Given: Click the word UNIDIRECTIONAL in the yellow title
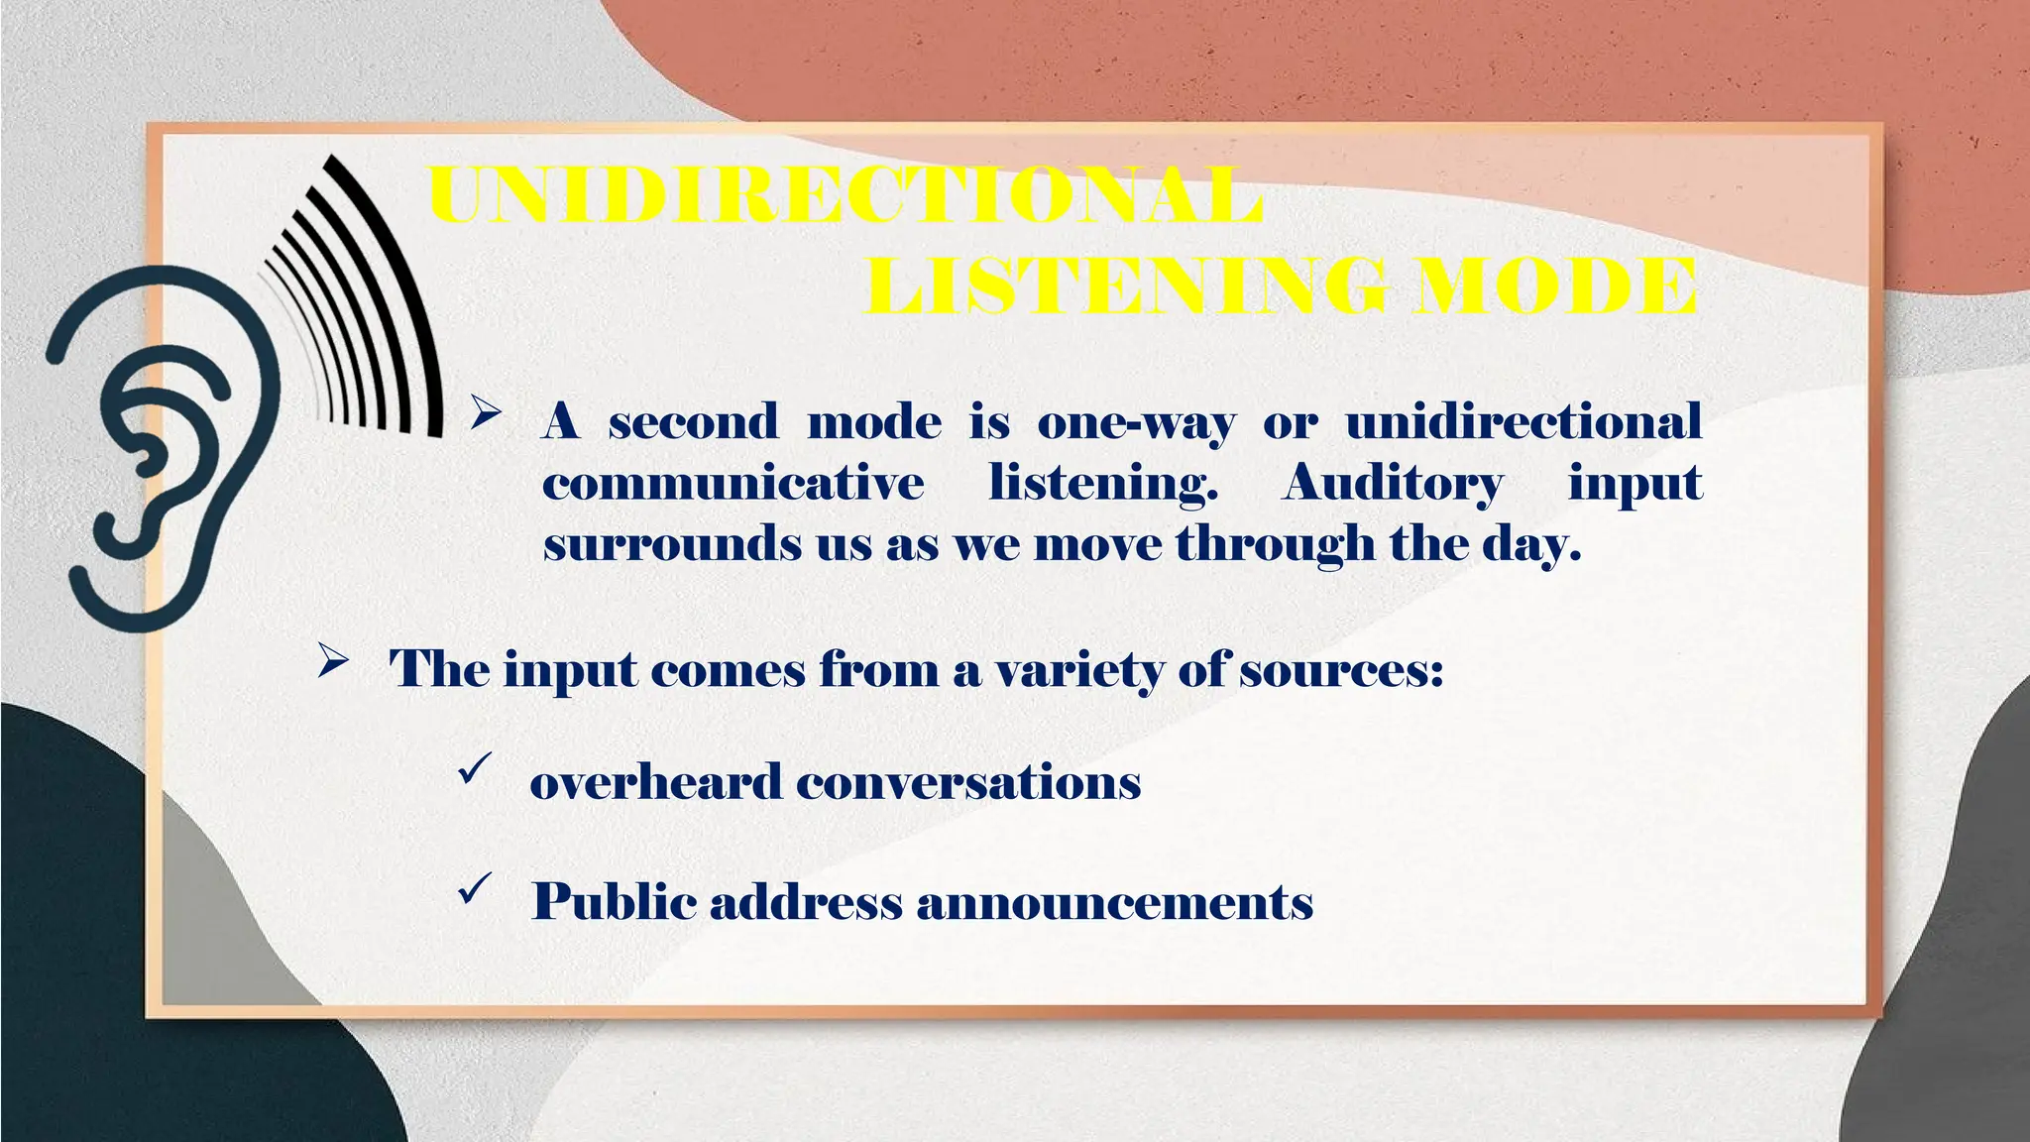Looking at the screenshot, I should pyautogui.click(x=846, y=195).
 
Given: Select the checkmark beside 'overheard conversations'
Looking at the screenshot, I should pyautogui.click(x=476, y=768).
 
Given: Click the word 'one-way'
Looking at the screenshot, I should pyautogui.click(x=1136, y=423).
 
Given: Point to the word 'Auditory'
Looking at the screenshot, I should pyautogui.click(x=1392, y=485).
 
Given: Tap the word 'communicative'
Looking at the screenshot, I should pyautogui.click(x=733, y=485).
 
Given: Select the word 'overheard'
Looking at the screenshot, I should pyautogui.click(x=655, y=782).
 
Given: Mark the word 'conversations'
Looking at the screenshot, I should pyautogui.click(x=968, y=782).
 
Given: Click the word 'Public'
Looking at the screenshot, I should pyautogui.click(x=614, y=902).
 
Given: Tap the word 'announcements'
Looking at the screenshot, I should pyautogui.click(x=1115, y=903).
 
